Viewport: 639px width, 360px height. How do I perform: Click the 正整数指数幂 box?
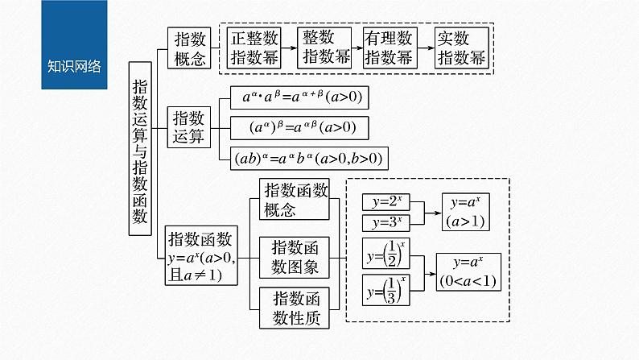click(255, 48)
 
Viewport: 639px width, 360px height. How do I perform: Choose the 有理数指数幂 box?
click(389, 48)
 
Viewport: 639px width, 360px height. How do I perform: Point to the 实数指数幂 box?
click(460, 48)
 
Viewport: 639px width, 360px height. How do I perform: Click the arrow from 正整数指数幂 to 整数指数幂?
click(290, 48)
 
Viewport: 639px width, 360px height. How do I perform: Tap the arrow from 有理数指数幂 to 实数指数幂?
click(424, 48)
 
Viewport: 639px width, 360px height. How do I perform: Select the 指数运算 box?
click(189, 126)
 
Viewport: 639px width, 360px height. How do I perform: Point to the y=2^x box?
click(387, 201)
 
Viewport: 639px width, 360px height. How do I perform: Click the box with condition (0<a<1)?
click(468, 272)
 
